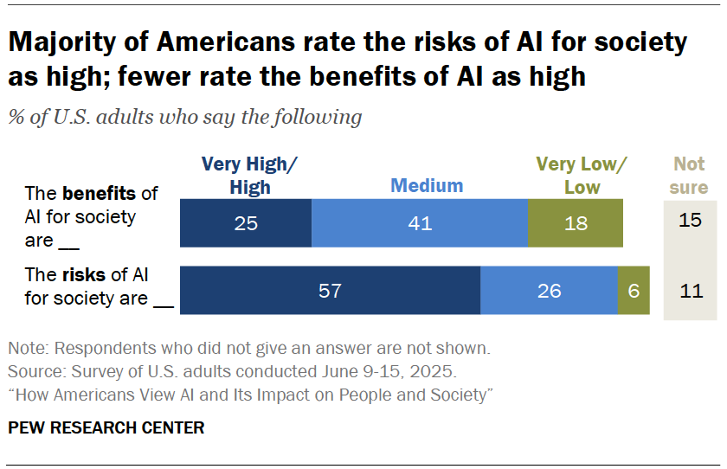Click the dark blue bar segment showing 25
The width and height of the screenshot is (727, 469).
(x=246, y=223)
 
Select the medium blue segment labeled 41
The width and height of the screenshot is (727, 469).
(x=419, y=223)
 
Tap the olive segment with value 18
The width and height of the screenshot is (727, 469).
(x=575, y=223)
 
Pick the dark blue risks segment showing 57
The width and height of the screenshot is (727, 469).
(x=330, y=291)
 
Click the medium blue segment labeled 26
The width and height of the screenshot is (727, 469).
(x=549, y=291)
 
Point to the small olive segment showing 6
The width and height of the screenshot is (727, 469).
(x=634, y=291)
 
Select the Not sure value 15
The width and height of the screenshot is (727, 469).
(x=690, y=221)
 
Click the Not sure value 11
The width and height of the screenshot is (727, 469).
(x=690, y=291)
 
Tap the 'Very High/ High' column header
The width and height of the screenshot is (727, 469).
(x=249, y=176)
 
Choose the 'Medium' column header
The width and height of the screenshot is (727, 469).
(x=427, y=185)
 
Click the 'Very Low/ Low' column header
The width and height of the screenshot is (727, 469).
(x=582, y=176)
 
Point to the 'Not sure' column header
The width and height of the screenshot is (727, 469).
(x=690, y=176)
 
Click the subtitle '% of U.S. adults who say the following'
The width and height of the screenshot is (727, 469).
(x=184, y=117)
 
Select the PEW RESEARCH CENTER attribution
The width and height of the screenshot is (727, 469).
(x=106, y=427)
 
